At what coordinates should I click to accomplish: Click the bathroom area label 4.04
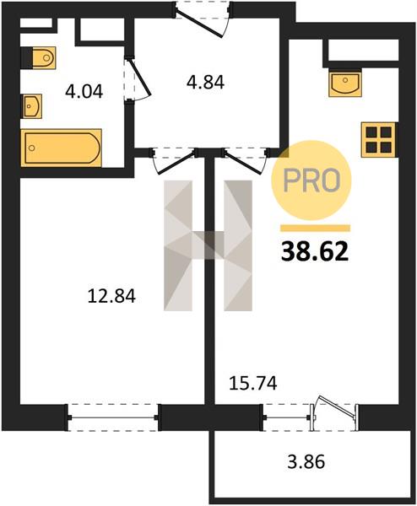click(84, 91)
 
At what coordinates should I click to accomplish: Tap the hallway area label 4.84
click(205, 82)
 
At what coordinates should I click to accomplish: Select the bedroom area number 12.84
click(111, 296)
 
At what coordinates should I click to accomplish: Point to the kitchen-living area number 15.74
click(253, 384)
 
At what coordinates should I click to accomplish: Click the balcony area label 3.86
click(306, 461)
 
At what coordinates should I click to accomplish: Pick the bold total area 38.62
click(315, 251)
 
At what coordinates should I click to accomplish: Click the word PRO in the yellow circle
click(311, 180)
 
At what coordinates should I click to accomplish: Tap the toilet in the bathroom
click(39, 57)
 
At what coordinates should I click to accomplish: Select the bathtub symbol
click(62, 148)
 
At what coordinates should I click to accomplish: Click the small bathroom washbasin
click(31, 106)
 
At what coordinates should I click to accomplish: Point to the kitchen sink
click(345, 83)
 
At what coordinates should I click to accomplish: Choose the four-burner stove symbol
click(379, 140)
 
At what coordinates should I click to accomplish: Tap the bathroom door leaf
click(140, 77)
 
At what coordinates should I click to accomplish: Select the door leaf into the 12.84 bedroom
click(176, 162)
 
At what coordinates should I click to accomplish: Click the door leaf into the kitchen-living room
click(242, 162)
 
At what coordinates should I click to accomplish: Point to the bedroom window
click(113, 417)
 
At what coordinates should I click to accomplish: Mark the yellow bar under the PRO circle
click(315, 229)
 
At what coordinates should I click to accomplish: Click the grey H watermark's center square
click(208, 245)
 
